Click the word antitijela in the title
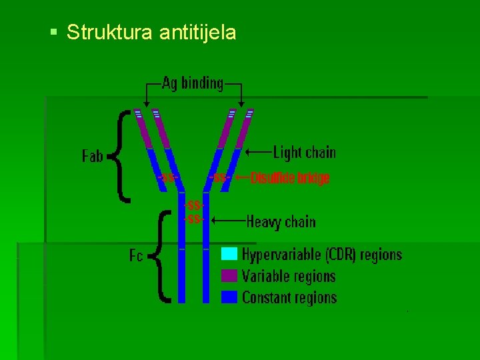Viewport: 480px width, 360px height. coord(198,32)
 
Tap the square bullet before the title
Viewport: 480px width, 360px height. coord(53,31)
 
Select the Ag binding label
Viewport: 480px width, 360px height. coord(193,83)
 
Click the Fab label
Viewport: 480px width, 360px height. coord(93,156)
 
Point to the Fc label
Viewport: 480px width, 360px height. coord(136,255)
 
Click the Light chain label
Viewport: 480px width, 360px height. coord(305,153)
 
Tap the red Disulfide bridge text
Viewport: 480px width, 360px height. coord(290,178)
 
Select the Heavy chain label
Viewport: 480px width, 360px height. coord(281,221)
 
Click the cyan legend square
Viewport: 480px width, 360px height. coord(229,254)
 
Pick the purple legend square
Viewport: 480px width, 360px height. coord(229,275)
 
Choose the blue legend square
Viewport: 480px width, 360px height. coord(229,297)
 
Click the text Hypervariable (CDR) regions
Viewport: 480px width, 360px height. coord(322,254)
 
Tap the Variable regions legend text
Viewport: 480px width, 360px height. coord(289,276)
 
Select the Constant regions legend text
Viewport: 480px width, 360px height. coord(289,297)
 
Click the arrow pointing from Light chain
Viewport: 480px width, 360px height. coord(258,153)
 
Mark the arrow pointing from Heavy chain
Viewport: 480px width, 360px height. coord(226,219)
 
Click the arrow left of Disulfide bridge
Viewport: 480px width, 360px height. coord(241,178)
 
